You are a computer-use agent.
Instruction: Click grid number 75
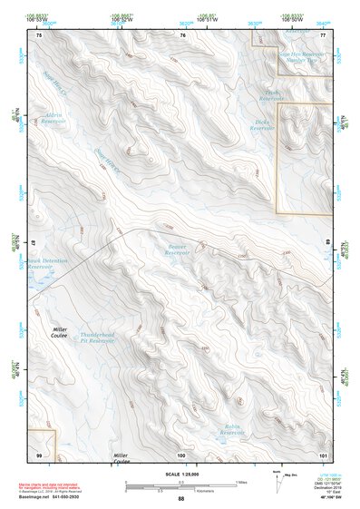pyautogui.click(x=39, y=34)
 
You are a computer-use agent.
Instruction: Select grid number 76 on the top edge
pyautogui.click(x=182, y=34)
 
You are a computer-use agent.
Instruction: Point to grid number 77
pyautogui.click(x=323, y=34)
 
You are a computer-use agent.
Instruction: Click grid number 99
pyautogui.click(x=39, y=454)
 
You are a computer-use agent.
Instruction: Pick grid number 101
pyautogui.click(x=322, y=454)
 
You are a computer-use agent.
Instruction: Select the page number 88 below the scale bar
pyautogui.click(x=180, y=499)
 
